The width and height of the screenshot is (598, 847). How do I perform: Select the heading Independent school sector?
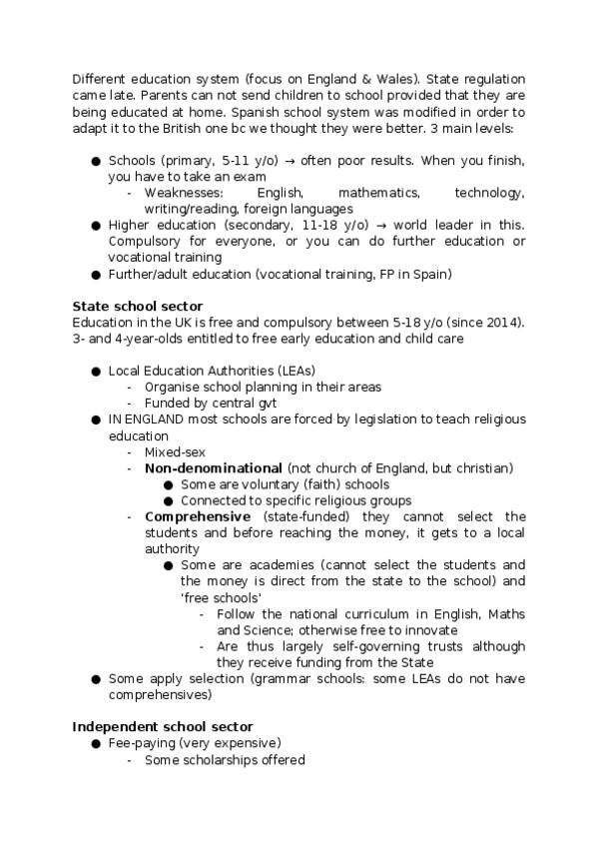click(x=163, y=726)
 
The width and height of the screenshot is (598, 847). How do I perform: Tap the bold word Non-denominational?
click(x=214, y=468)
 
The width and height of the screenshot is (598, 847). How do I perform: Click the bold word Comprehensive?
click(x=198, y=516)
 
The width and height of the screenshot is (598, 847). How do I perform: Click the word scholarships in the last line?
click(x=217, y=760)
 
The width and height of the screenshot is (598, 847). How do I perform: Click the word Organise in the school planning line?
click(x=173, y=387)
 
